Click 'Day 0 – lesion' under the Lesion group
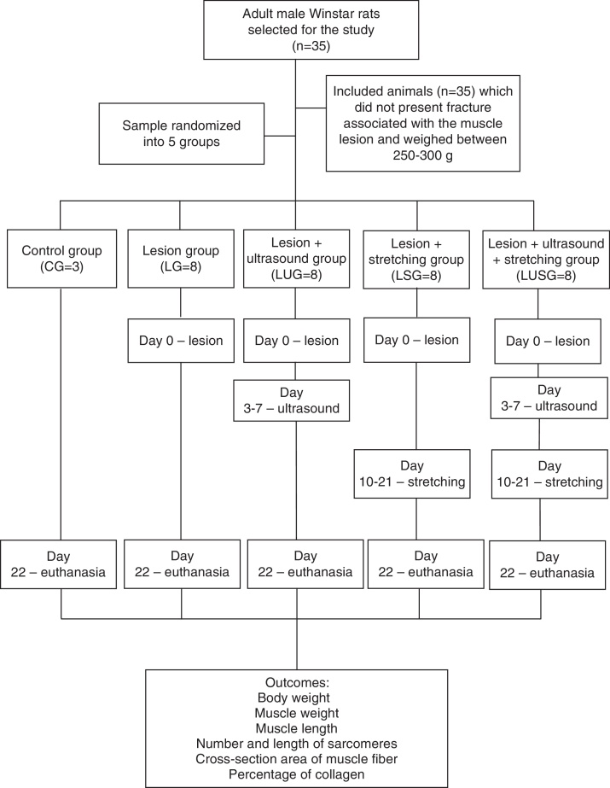point(181,341)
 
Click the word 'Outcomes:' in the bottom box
point(296,684)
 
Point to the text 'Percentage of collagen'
point(296,773)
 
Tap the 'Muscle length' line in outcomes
point(296,728)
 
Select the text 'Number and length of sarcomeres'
point(296,743)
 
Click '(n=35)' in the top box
point(295,48)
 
